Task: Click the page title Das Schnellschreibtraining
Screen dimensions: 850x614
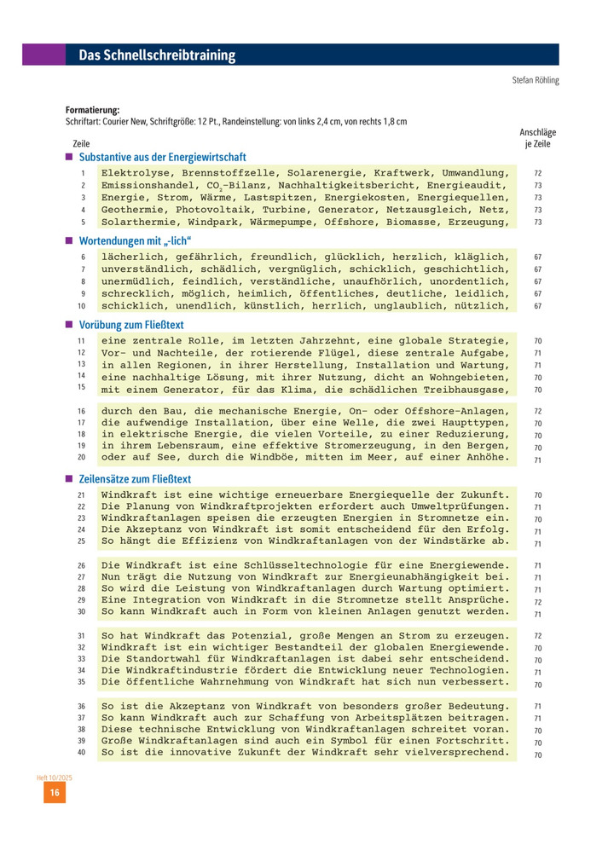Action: point(157,56)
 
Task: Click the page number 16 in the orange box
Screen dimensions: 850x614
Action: point(55,793)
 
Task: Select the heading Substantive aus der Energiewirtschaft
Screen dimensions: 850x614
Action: point(162,158)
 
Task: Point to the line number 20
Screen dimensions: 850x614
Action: point(82,458)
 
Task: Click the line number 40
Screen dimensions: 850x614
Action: point(82,753)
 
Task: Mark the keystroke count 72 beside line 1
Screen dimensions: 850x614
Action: point(538,173)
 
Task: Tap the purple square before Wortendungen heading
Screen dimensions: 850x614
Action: point(69,240)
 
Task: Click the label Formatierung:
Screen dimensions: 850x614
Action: point(92,110)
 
